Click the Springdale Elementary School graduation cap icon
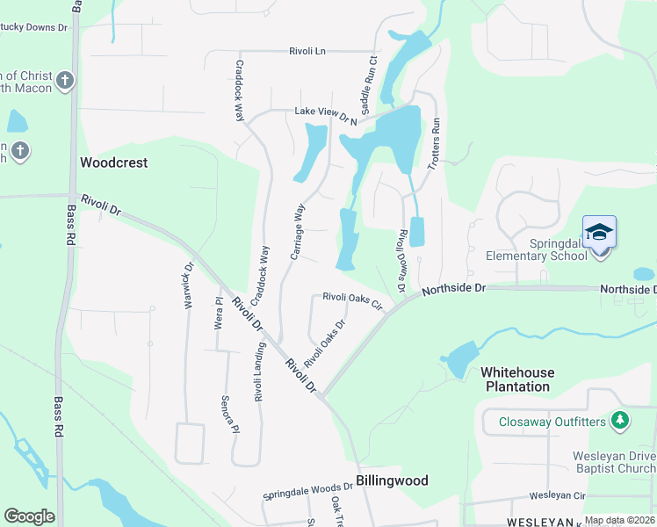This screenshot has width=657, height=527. [x=599, y=233]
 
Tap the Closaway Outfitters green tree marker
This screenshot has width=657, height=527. [x=621, y=421]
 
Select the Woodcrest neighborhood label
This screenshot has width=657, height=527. [x=113, y=162]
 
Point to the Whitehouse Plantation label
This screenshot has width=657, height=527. [x=516, y=379]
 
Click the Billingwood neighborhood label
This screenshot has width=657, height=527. [x=392, y=480]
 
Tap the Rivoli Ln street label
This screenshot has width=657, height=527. [x=307, y=52]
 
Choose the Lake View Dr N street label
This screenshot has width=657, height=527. [x=326, y=114]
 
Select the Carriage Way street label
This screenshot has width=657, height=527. [x=297, y=232]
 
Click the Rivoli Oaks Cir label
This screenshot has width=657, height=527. [x=353, y=300]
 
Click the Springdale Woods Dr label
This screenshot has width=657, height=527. [x=307, y=491]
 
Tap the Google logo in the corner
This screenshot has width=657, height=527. [x=29, y=516]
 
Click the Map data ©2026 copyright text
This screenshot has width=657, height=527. [x=619, y=521]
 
